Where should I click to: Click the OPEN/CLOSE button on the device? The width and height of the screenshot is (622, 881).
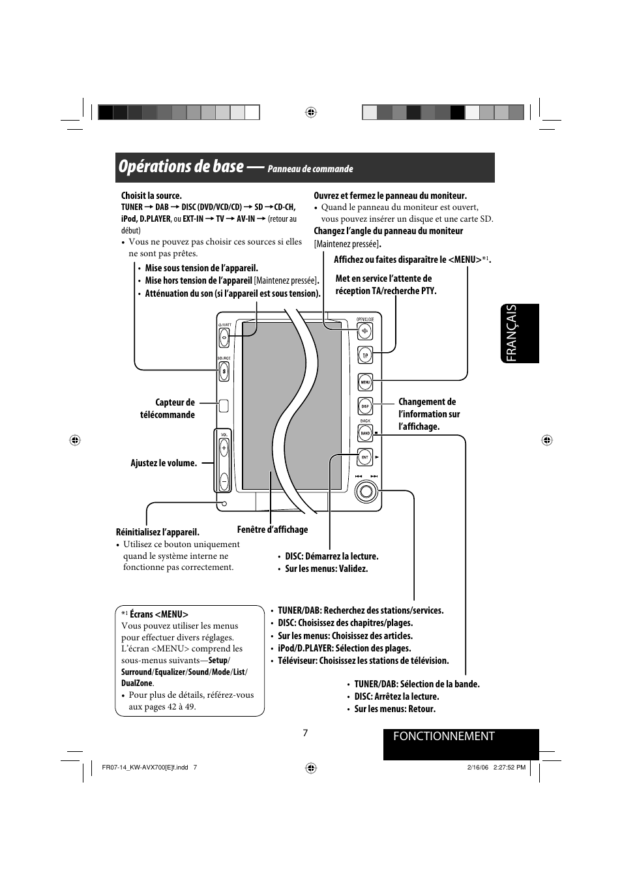tap(365, 331)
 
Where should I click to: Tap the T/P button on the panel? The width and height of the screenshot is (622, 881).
tap(365, 355)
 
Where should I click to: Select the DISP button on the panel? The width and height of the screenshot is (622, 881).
tap(365, 406)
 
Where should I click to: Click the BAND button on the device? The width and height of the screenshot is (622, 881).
tap(365, 433)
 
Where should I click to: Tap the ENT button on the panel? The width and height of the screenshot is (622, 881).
tap(365, 457)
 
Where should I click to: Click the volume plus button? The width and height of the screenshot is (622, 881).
tap(224, 449)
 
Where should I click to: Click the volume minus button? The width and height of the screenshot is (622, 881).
tap(224, 481)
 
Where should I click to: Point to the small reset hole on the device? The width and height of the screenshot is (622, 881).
tap(224, 503)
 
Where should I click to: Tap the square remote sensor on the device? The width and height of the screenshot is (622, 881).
tap(224, 406)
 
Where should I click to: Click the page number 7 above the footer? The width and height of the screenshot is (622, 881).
tap(305, 733)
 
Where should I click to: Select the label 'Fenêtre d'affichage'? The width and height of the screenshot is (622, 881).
tap(273, 530)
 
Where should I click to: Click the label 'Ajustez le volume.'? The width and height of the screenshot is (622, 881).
tap(164, 463)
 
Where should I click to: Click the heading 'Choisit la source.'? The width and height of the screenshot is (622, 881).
tap(151, 196)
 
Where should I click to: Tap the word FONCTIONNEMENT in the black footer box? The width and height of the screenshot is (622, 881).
tap(444, 736)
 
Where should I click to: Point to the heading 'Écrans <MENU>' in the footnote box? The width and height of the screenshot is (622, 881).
tap(158, 614)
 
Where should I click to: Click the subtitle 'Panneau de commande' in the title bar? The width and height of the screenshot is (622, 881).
tap(310, 169)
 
